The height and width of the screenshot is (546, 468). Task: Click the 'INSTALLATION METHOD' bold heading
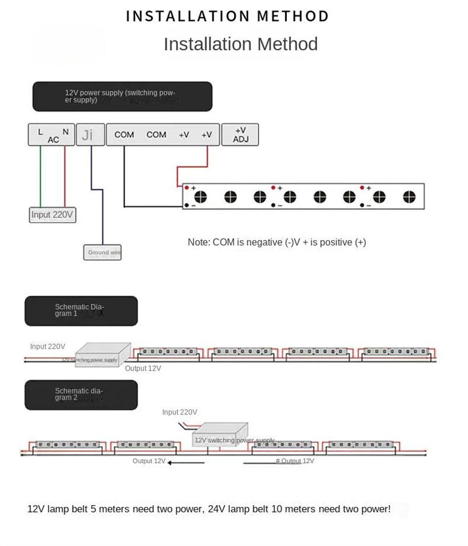[x=228, y=16]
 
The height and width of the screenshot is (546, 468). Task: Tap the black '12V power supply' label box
[x=122, y=96]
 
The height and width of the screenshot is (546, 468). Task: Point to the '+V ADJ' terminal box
[x=240, y=134]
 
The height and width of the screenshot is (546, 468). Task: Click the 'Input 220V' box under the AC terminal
[x=53, y=215]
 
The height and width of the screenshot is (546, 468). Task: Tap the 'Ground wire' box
[x=102, y=253]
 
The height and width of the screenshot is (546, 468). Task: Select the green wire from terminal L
[x=40, y=175]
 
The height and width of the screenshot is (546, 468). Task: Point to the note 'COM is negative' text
[x=277, y=242]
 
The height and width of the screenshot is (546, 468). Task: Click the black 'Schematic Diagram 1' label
[x=81, y=310]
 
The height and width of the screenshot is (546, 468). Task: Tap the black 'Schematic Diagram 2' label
[x=81, y=395]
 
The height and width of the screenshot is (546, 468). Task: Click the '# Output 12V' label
[x=295, y=461]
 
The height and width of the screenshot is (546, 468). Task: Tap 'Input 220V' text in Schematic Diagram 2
[x=180, y=412]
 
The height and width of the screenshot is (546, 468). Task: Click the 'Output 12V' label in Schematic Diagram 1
[x=143, y=368]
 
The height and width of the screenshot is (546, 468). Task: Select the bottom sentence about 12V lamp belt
[x=209, y=509]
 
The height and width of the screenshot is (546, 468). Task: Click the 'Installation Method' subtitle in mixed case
[x=240, y=44]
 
